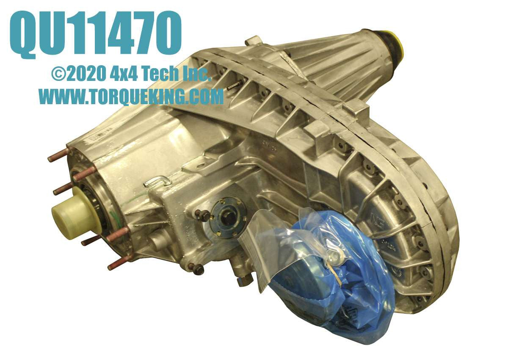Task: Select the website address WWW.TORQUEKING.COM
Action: click(x=131, y=96)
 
